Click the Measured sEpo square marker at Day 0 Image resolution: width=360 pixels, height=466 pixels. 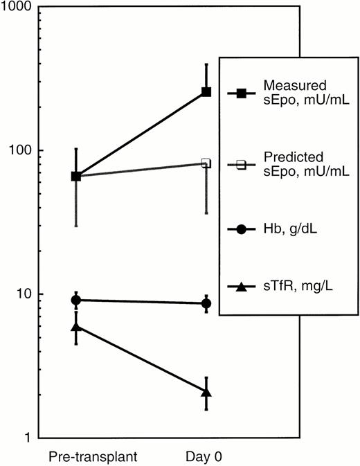point(206,92)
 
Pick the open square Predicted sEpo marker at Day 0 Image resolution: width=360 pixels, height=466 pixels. point(206,163)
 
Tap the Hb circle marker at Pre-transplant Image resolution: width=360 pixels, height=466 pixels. point(76,300)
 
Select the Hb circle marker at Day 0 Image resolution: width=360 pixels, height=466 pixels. point(206,303)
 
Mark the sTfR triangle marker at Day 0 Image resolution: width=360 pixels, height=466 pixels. point(206,392)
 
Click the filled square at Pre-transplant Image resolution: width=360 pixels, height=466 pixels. point(76,176)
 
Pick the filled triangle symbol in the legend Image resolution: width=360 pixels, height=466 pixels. point(242,286)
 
